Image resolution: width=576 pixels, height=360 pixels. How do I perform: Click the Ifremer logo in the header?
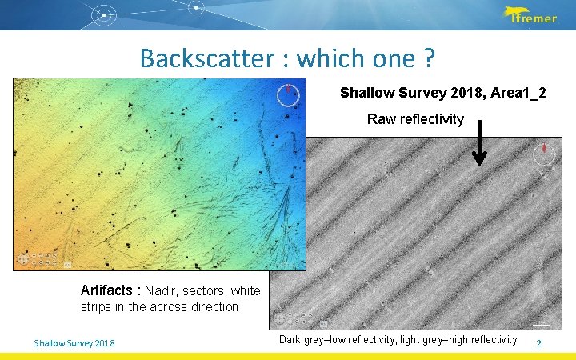(530, 15)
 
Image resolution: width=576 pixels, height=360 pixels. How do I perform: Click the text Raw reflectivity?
(415, 119)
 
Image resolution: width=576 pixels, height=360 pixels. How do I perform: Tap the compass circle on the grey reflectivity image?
(544, 154)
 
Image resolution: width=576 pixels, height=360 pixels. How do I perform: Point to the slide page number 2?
(538, 343)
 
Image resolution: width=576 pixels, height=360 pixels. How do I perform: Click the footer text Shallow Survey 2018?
(74, 343)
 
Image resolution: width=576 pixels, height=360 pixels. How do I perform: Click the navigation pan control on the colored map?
(24, 259)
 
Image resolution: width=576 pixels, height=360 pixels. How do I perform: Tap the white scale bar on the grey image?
(542, 324)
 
